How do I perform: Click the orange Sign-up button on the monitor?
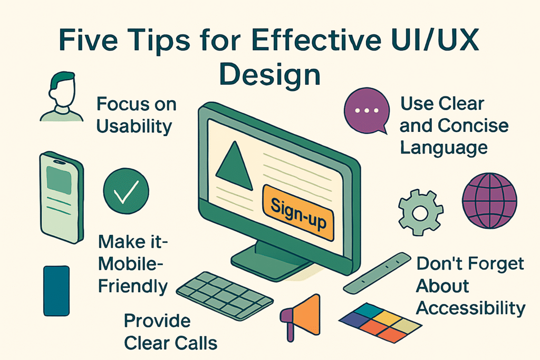[x=298, y=212]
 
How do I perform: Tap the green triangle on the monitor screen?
[x=235, y=167]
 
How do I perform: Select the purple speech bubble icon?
[x=367, y=111]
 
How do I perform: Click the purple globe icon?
[x=489, y=201]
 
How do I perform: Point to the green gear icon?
[x=420, y=212]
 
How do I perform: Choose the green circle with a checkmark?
[x=126, y=191]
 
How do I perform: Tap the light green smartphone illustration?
[x=62, y=198]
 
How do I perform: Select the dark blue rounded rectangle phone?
[x=56, y=291]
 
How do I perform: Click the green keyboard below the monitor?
[x=225, y=296]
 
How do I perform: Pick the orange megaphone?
[x=301, y=317]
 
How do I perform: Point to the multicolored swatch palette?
[x=380, y=323]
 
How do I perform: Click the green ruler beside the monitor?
[x=377, y=273]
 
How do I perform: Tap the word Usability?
[x=134, y=127]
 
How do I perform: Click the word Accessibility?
[x=471, y=308]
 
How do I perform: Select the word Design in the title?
[x=270, y=76]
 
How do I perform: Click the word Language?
[x=444, y=148]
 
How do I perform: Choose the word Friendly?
[x=133, y=287]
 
